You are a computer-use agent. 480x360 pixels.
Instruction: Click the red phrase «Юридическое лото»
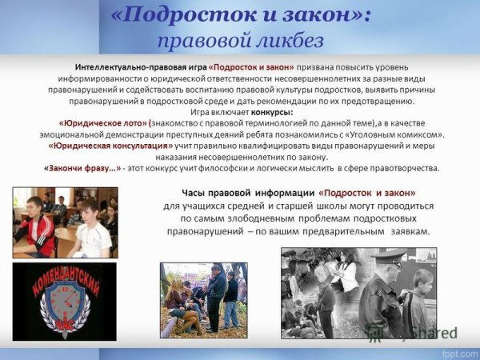105,123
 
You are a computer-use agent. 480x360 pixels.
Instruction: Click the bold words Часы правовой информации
248,193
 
